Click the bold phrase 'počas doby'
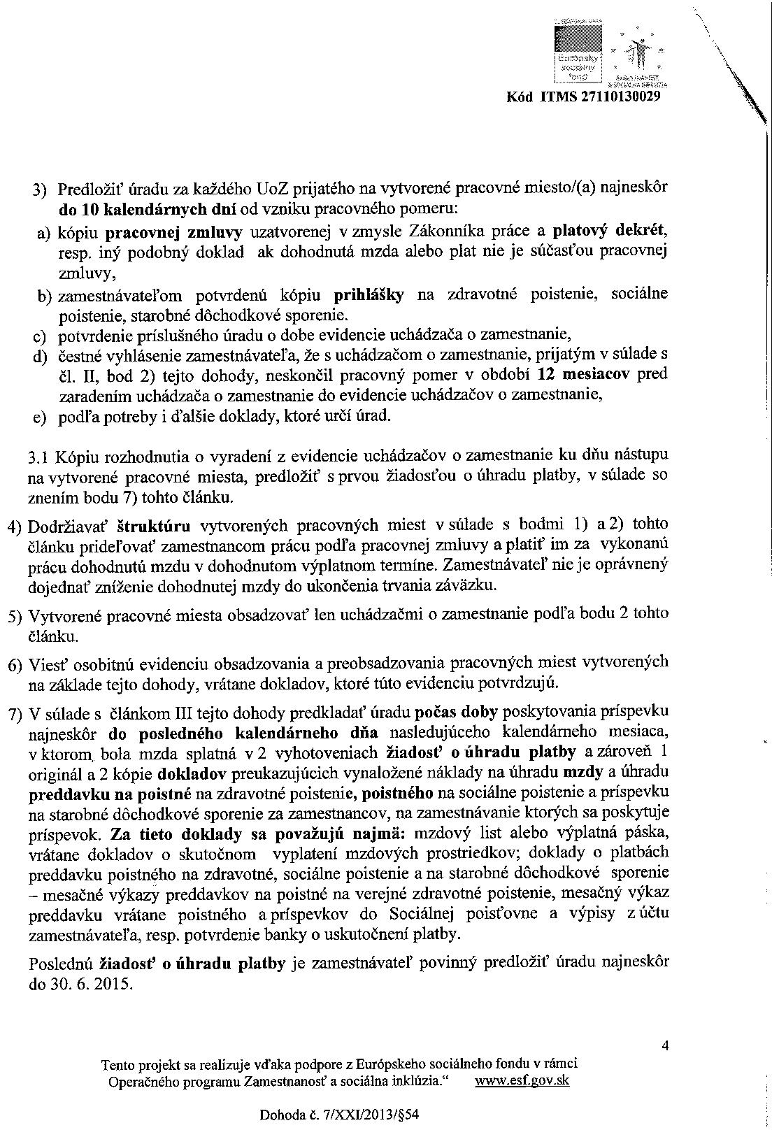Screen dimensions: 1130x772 456,712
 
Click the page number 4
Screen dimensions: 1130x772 664,1046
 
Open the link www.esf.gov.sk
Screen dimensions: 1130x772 522,1080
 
